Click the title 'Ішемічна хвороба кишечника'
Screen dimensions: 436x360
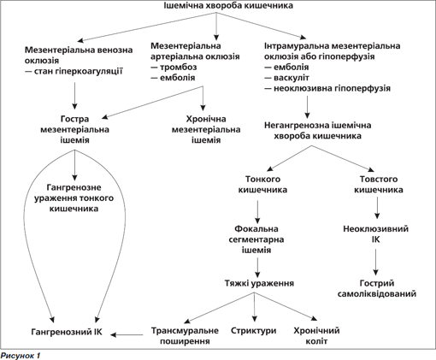(228, 5)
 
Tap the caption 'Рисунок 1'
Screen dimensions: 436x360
(21, 356)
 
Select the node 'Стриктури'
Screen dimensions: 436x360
(253, 331)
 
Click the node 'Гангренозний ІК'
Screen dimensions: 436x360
(67, 332)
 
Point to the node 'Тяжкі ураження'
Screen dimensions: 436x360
(259, 283)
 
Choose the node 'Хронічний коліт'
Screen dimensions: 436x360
(316, 336)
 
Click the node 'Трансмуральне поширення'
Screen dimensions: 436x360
(185, 336)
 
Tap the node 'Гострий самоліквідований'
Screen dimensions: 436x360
(377, 288)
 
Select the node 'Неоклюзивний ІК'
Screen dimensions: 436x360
(375, 234)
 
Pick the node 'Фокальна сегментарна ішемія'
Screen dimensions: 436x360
(256, 239)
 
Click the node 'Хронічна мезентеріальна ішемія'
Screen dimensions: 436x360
(206, 129)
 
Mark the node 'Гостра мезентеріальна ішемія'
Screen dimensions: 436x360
(74, 129)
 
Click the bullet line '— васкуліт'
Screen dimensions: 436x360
(286, 78)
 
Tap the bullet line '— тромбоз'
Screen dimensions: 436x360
(174, 67)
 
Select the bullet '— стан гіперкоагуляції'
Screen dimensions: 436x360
(74, 71)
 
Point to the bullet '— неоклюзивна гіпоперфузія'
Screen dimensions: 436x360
(327, 88)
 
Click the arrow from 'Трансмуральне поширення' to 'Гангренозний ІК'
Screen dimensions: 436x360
(127, 334)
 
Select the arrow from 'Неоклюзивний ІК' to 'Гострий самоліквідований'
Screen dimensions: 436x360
(375, 262)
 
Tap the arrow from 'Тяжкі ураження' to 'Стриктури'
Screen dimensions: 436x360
(255, 307)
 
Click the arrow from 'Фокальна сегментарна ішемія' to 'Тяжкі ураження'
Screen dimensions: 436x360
(257, 268)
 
